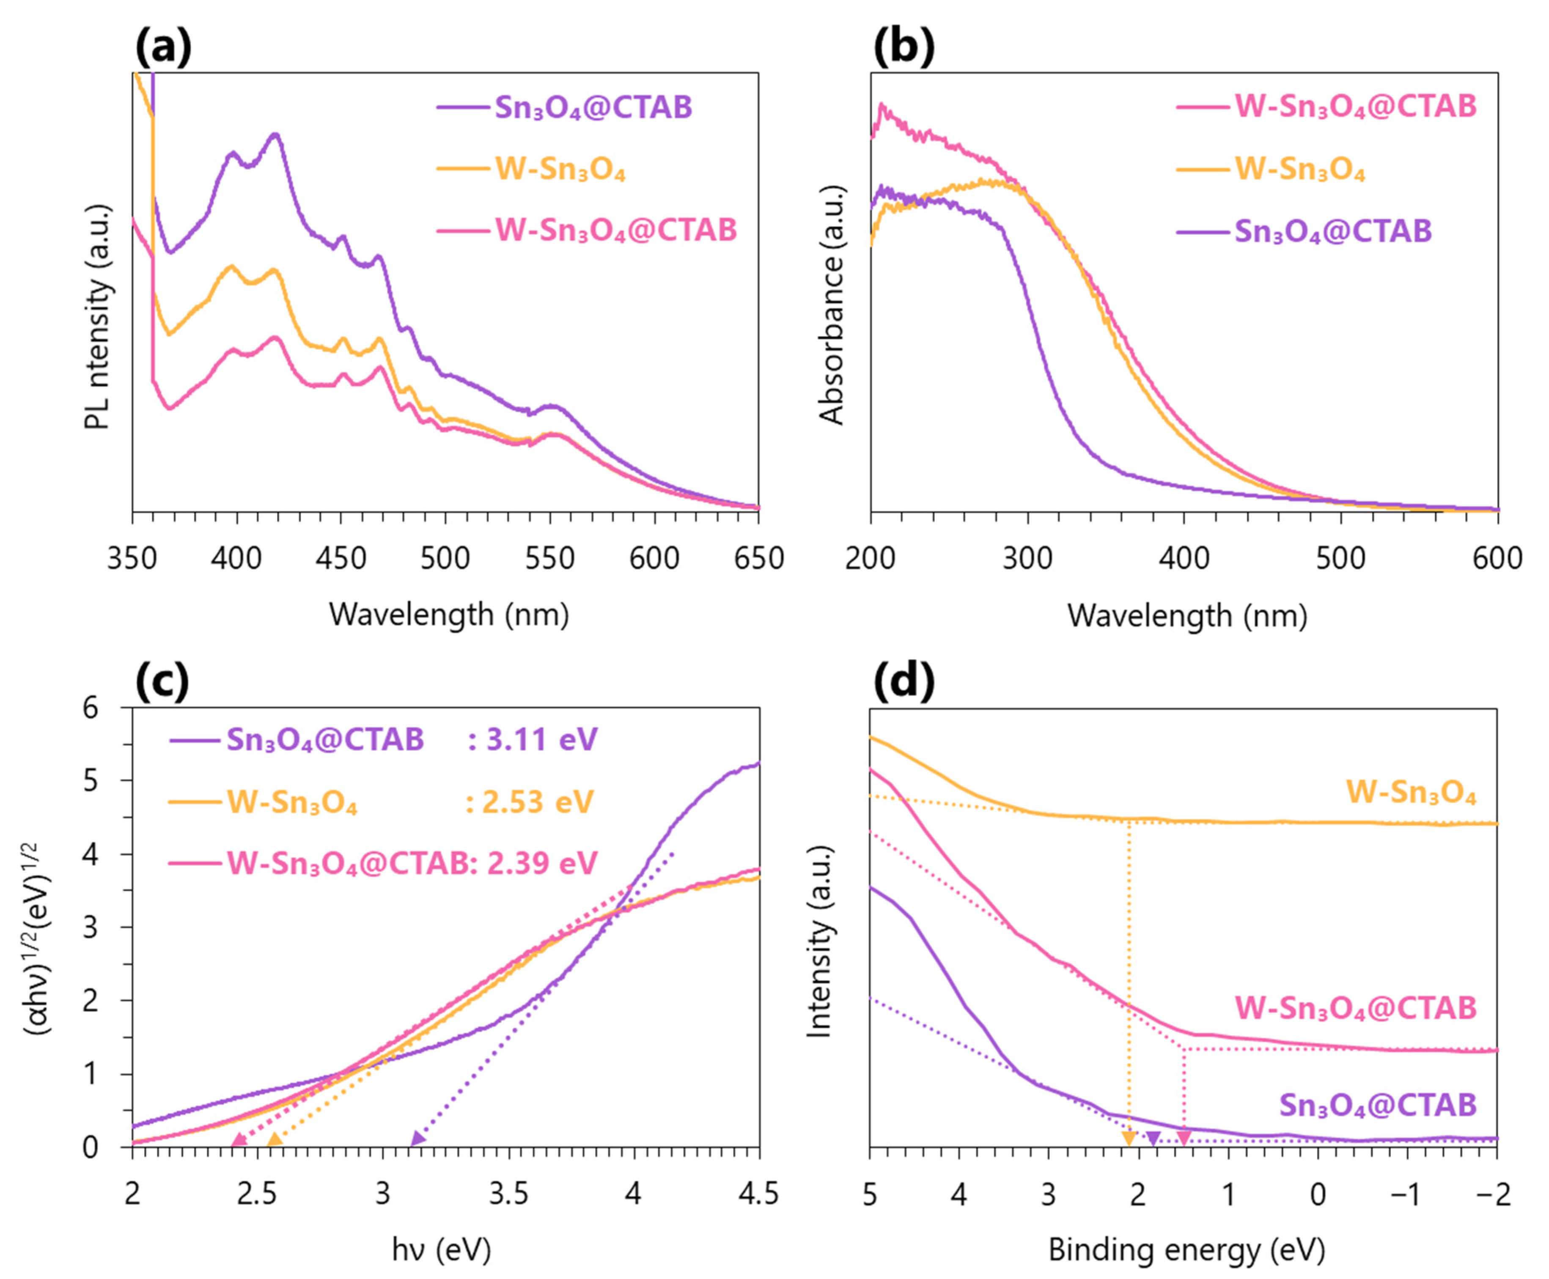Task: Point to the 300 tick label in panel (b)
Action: tap(1027, 558)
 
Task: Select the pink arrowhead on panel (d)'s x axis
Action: tap(1184, 1139)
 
